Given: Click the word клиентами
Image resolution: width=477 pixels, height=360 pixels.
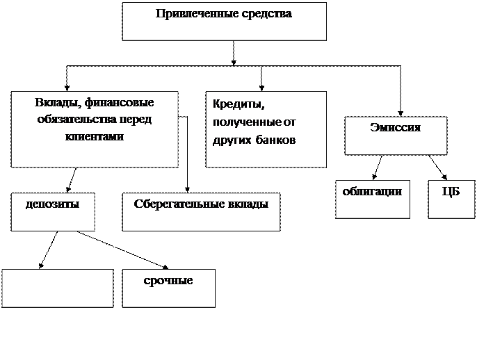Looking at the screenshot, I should [95, 136].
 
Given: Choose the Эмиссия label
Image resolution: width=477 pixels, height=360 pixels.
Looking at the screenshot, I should [395, 128].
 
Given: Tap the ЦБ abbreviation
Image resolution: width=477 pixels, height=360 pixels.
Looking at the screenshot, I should [451, 192].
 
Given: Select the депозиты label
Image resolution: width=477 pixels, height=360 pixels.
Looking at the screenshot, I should [52, 204].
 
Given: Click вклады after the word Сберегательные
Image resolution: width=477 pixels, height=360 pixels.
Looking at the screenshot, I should [245, 204].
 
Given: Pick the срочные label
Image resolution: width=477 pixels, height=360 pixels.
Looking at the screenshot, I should [168, 281].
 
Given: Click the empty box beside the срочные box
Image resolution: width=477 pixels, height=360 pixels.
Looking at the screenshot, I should [57, 288].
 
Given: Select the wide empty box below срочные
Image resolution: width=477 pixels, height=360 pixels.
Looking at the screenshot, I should [248, 338].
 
